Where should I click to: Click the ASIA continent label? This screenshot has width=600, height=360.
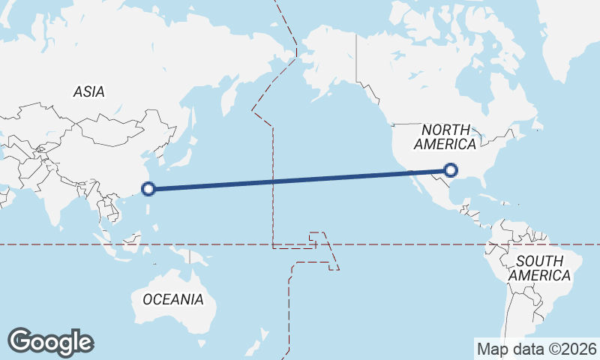point(88,91)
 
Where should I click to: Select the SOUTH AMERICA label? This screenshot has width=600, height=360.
point(539,268)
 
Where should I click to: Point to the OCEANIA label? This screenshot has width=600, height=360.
point(172,299)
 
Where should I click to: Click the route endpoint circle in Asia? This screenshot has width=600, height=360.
point(148,189)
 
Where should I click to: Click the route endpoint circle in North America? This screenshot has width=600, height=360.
point(451,170)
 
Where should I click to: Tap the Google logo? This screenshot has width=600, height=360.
point(50,342)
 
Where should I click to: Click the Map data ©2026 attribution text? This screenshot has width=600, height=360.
point(537,349)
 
